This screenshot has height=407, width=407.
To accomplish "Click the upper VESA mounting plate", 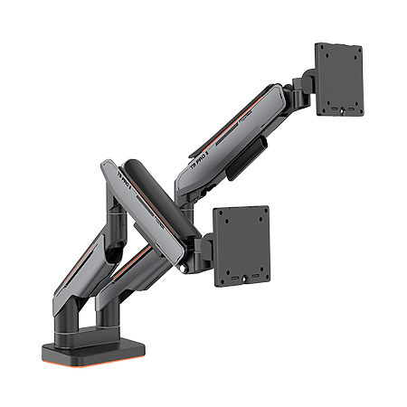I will point(338,79).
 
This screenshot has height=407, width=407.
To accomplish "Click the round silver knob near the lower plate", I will point(185,267).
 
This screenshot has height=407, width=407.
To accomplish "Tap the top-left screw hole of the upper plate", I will point(324,52).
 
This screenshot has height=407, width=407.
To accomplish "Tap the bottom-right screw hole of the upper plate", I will point(354,105).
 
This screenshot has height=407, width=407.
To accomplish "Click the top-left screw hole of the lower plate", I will point(222,215).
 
